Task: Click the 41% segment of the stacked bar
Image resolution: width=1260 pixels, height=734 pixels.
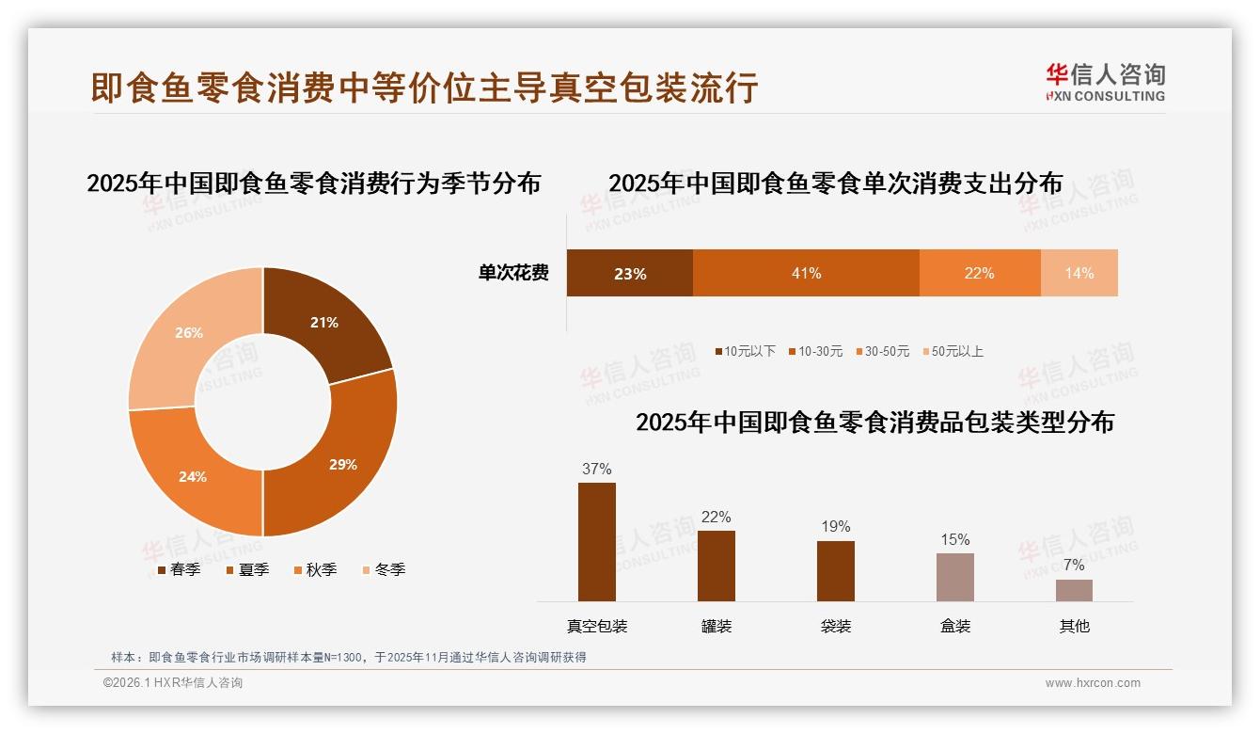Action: point(806,273)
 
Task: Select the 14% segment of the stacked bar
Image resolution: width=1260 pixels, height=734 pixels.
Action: point(1079,273)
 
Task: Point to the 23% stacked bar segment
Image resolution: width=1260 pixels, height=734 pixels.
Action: point(629,273)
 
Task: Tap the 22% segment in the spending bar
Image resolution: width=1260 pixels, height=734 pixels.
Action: point(979,273)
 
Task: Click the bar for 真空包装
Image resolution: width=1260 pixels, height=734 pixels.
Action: point(597,542)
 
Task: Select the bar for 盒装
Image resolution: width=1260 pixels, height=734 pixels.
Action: point(955,577)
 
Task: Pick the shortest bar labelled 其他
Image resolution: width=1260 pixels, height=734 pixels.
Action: point(1074,590)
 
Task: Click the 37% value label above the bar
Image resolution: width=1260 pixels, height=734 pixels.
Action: point(597,469)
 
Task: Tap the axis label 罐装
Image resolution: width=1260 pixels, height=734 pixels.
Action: point(717,626)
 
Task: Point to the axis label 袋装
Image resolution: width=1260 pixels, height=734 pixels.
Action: point(836,626)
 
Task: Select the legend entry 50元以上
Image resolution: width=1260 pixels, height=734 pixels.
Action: point(956,351)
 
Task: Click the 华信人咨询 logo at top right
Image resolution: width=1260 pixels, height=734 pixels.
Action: point(1105,82)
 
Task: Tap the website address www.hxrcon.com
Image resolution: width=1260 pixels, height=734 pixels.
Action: point(1093,683)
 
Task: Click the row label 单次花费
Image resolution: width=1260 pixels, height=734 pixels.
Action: point(513,273)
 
